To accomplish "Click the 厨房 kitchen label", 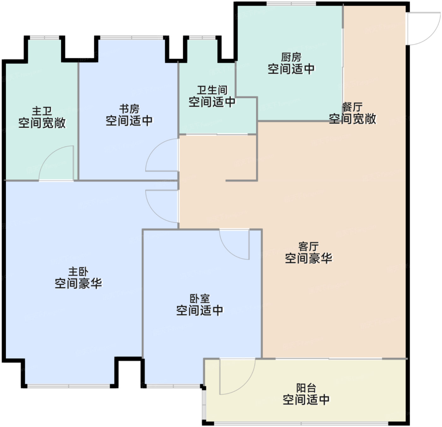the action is (291, 57).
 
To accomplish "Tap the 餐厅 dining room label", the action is (352, 107).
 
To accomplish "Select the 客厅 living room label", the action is (308, 247).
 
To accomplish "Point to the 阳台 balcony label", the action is (306, 388).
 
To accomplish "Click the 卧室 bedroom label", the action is (200, 299).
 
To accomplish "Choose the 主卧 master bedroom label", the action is (78, 271).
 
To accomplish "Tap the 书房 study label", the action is (129, 109).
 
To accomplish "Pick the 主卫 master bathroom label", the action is (42, 111).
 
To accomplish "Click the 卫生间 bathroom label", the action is (212, 90).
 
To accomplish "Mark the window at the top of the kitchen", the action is (291, 4).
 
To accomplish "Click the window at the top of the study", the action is (132, 38).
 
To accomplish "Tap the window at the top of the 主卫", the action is (45, 38).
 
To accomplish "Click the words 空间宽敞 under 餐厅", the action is (352, 119).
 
